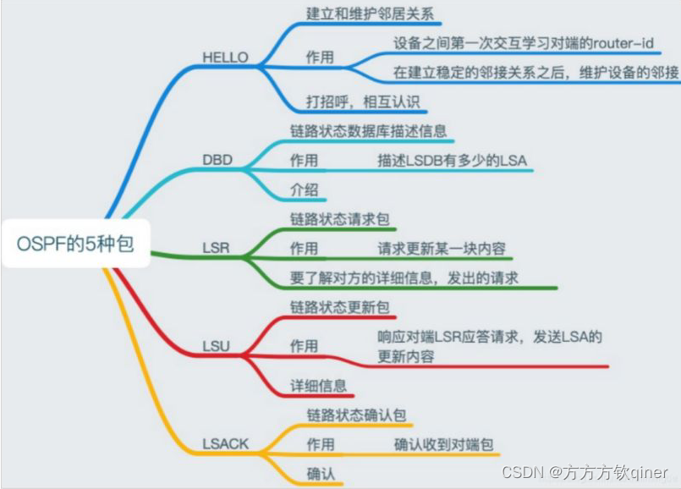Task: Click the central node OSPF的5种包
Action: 75,244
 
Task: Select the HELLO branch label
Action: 226,58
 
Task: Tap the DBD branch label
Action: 217,160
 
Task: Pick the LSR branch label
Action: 217,250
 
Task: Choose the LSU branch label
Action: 217,346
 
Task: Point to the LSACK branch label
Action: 226,443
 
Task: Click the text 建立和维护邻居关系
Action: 373,14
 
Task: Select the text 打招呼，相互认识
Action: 361,102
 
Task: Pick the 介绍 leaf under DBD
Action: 304,189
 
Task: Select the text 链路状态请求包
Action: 339,219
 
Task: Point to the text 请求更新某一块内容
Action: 442,249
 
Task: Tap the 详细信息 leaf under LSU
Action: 318,386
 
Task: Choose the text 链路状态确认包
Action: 356,415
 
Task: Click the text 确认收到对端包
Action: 443,444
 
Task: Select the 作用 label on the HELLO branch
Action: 320,58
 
